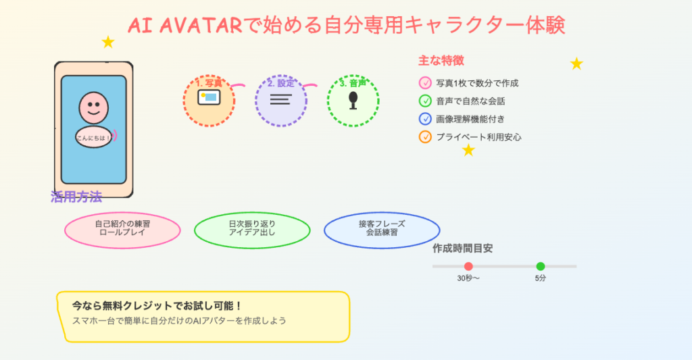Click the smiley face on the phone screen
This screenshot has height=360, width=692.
93,107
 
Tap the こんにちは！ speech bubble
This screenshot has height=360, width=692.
93,137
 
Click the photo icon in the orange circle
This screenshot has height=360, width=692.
209,97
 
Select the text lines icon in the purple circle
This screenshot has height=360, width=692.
280,99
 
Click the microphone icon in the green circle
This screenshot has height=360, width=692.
353,100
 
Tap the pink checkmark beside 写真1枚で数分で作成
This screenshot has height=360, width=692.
425,83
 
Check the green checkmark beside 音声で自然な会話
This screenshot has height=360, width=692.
425,101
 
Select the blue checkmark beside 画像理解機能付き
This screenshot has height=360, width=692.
425,119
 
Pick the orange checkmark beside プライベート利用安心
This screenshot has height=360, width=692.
425,137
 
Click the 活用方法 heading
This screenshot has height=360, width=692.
76,197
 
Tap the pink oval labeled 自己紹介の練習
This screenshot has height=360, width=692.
122,230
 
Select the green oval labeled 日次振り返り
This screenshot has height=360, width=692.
252,230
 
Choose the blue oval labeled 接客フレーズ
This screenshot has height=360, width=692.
382,230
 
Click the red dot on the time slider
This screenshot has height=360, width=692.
468,266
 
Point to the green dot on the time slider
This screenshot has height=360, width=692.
540,266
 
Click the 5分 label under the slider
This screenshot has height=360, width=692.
540,278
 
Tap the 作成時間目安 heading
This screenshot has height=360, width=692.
462,249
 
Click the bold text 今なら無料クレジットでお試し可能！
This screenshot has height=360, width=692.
157,306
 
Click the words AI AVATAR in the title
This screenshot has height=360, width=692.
184,26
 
